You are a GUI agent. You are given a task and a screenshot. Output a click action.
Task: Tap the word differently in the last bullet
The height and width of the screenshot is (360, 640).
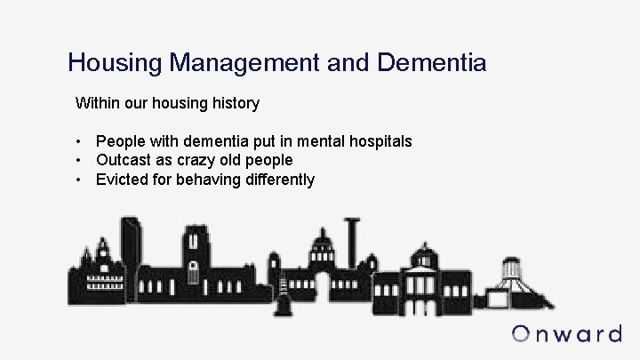tap(279, 180)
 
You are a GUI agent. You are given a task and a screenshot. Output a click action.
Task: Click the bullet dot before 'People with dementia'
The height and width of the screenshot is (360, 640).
tap(80, 141)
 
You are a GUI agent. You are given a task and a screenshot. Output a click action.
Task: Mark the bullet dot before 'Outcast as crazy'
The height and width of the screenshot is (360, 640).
tap(80, 160)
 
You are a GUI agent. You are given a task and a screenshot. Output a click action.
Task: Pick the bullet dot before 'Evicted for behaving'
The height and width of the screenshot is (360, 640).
tap(80, 180)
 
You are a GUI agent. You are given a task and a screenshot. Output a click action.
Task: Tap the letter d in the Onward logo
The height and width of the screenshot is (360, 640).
tap(612, 334)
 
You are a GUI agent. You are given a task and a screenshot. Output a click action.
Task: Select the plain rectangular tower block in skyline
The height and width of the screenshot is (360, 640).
tap(132, 253)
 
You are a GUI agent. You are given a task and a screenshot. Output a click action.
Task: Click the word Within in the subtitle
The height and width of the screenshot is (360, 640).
tap(98, 103)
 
